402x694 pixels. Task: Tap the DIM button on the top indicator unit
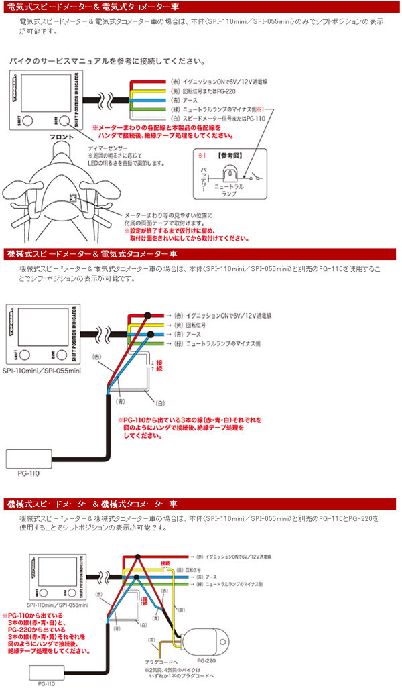(64, 121)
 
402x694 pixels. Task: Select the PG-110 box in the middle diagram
(33, 460)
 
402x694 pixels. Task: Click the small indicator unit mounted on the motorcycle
(72, 198)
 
